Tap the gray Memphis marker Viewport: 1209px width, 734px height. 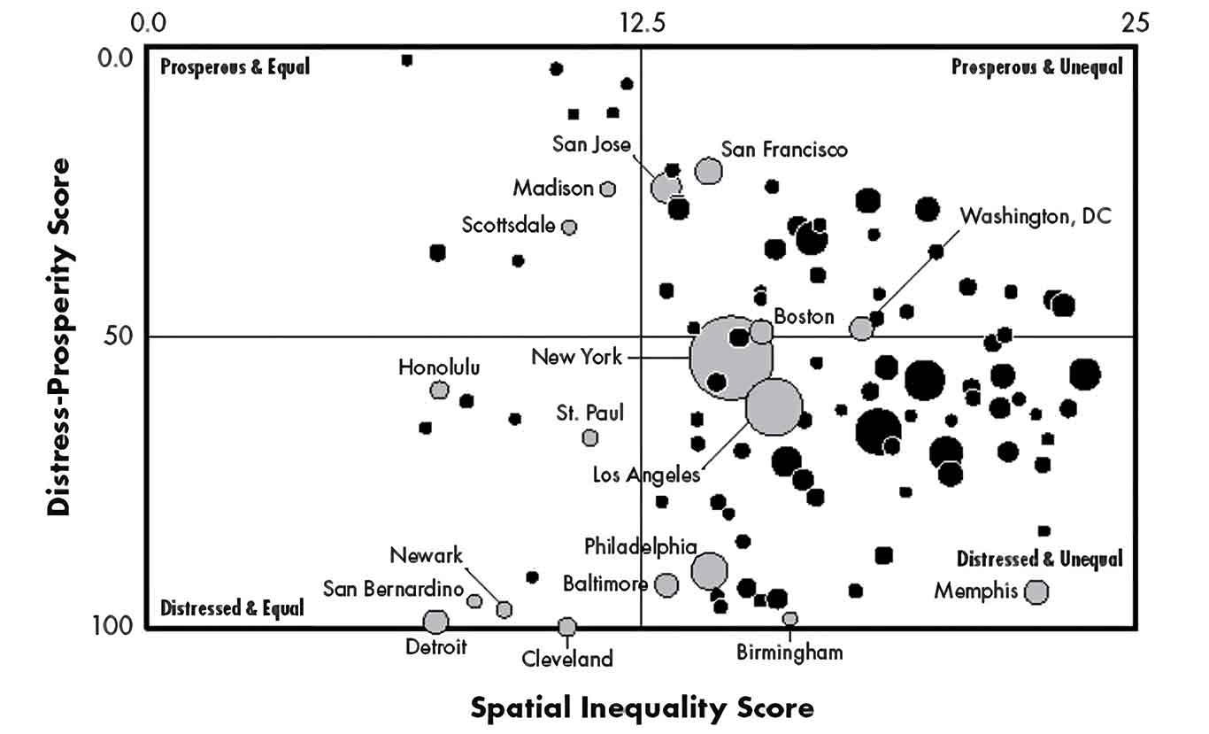click(x=1036, y=591)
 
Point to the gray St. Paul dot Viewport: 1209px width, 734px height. click(x=590, y=437)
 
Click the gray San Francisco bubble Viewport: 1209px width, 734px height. click(x=708, y=171)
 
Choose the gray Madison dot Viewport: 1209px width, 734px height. click(x=607, y=189)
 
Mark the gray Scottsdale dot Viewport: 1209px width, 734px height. click(x=569, y=227)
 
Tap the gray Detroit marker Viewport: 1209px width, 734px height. click(x=435, y=622)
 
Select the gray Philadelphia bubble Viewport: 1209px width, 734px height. click(x=710, y=571)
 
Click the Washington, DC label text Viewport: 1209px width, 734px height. click(x=1035, y=215)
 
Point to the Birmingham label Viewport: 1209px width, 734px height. click(x=789, y=653)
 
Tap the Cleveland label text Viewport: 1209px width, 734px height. click(x=566, y=659)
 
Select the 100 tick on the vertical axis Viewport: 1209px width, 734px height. click(x=114, y=627)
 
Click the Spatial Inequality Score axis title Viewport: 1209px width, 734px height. click(x=641, y=707)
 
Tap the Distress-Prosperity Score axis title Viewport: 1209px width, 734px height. click(x=59, y=336)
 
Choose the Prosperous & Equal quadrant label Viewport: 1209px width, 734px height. click(x=235, y=66)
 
